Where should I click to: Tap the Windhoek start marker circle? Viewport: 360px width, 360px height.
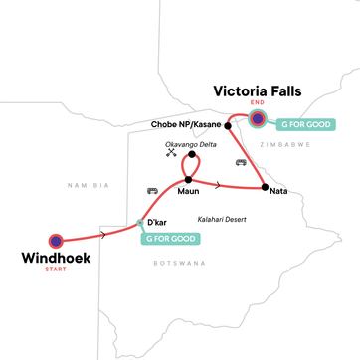click(57, 240)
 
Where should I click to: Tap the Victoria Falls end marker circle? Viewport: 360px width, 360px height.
click(258, 120)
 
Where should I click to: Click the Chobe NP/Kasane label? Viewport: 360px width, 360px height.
click(184, 125)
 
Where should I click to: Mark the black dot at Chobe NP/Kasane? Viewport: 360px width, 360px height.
click(228, 125)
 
